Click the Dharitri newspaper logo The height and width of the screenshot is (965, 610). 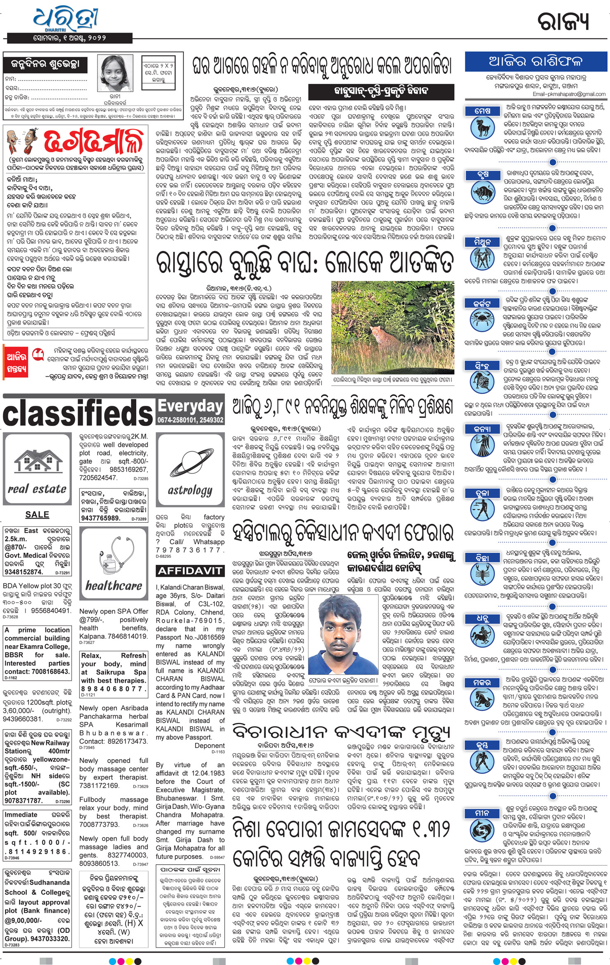point(66,19)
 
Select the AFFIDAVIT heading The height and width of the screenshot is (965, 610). point(190,571)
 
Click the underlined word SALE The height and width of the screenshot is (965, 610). point(37,514)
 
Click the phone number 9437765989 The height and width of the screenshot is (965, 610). point(100,518)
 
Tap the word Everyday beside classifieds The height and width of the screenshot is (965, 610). point(190,406)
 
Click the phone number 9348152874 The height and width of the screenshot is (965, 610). point(24,572)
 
